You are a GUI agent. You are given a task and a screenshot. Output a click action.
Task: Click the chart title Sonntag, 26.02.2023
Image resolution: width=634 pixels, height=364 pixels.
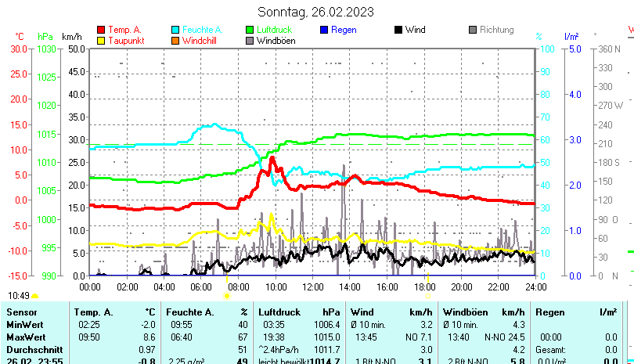point(315,12)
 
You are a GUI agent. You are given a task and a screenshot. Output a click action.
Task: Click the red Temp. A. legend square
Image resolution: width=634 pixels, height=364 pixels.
point(100,30)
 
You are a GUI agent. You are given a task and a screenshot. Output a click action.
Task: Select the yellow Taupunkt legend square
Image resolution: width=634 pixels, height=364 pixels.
point(100,41)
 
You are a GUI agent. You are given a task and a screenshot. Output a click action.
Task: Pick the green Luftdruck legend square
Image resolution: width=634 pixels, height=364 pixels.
point(249,30)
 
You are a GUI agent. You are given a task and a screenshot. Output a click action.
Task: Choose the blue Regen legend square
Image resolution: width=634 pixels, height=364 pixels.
point(323,30)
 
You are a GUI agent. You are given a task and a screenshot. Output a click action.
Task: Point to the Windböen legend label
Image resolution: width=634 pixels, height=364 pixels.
point(276,41)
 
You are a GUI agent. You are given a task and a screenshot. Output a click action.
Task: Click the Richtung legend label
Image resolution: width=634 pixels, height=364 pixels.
point(496,30)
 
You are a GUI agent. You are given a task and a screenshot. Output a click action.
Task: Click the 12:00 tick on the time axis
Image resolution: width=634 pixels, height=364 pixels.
point(312,287)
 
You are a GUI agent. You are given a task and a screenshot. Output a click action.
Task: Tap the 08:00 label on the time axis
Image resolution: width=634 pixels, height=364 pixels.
point(238,287)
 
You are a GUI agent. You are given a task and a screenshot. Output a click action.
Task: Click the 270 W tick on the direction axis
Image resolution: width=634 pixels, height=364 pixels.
point(610,105)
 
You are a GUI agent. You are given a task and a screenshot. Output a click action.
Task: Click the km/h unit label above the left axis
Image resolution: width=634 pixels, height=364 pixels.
point(72,36)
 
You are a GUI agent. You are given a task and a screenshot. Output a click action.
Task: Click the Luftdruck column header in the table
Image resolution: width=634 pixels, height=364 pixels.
point(279,312)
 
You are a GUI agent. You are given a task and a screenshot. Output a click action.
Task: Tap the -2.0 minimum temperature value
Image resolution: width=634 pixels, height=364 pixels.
point(147,325)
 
